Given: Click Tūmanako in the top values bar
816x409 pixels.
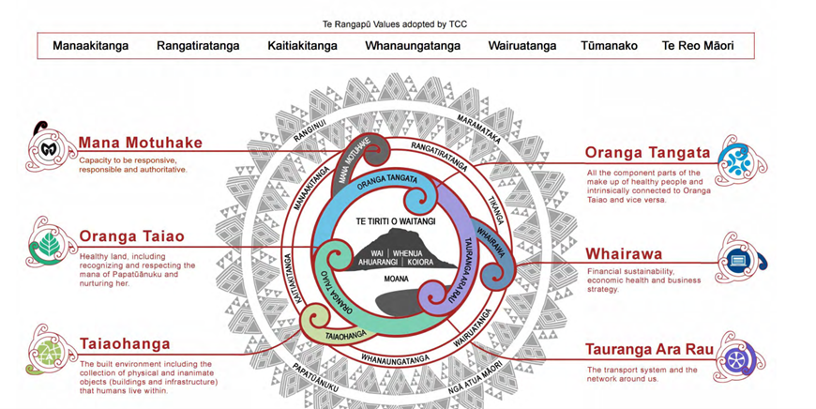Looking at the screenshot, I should (x=609, y=45).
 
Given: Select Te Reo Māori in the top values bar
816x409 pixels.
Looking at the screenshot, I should (x=698, y=45).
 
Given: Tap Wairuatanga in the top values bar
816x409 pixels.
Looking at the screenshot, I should (x=521, y=45).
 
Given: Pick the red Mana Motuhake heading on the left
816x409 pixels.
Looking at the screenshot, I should (x=141, y=144).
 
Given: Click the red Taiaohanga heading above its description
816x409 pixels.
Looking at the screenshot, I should (x=125, y=344).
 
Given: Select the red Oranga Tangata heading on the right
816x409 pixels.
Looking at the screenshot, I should (x=647, y=153).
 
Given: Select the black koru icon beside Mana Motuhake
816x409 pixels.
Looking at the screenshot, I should (x=46, y=146).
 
